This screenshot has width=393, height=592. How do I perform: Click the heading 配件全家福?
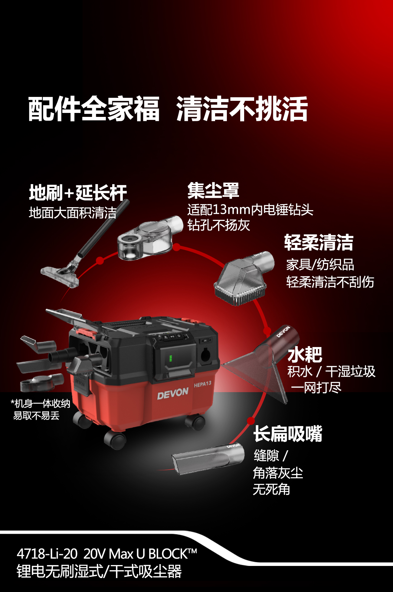[94, 109]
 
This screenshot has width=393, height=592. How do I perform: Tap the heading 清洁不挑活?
[242, 109]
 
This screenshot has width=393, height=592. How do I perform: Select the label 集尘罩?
[213, 191]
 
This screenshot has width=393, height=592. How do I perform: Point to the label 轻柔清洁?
[319, 243]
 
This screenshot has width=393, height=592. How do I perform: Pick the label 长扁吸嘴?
[288, 434]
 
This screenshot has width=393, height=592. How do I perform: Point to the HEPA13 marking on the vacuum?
[202, 384]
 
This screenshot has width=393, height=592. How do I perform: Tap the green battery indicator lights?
[171, 358]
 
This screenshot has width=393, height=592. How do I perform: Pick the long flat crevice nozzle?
[208, 458]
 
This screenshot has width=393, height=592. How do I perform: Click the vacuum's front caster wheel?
[115, 440]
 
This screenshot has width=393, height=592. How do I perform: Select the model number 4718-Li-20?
[47, 554]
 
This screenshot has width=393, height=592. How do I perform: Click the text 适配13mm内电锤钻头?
[251, 210]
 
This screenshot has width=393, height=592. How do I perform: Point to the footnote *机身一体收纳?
[40, 404]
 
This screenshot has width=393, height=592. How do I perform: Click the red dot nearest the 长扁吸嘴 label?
[251, 421]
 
